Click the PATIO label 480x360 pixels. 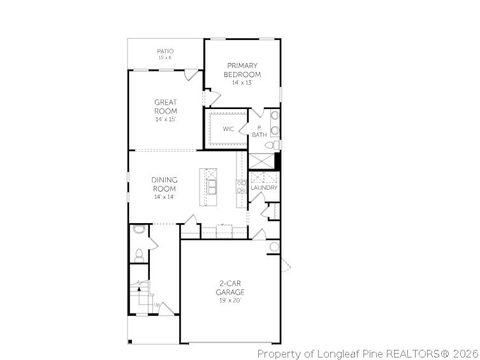tap(165, 51)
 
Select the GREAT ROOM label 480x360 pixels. tap(165, 105)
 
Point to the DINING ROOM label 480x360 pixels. tap(164, 184)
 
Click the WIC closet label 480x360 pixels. tap(228, 129)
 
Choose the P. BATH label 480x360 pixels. tap(259, 131)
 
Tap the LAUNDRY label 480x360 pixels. tap(263, 187)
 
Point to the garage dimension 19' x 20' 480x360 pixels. tap(231, 300)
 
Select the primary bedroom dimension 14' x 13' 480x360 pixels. tap(242, 83)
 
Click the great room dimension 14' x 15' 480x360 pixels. tap(165, 119)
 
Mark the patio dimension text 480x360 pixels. tap(165, 58)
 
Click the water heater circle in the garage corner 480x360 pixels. tap(274, 248)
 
